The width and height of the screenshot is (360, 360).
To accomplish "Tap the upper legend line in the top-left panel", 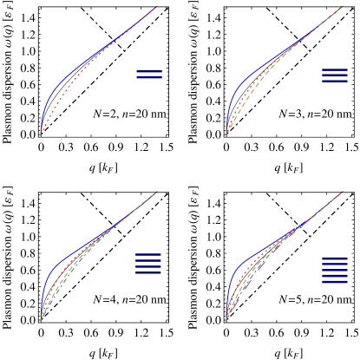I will (x=149, y=70).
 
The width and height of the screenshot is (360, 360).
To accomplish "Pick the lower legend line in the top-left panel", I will (x=149, y=78).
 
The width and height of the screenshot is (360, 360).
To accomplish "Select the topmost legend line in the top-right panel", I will (x=335, y=70).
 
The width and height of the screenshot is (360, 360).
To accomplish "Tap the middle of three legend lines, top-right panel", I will (x=335, y=75).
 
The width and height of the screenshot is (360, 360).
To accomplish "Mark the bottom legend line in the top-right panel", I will (x=335, y=82).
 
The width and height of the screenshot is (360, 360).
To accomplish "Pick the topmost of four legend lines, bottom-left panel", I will (x=149, y=254).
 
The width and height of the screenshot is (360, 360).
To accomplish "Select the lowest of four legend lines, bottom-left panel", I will (x=149, y=272).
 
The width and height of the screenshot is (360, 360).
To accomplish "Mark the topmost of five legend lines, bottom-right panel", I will (x=335, y=258).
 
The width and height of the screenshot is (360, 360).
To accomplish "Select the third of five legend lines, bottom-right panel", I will (x=335, y=270).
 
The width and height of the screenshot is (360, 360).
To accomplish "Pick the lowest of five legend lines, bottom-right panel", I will (x=335, y=282).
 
